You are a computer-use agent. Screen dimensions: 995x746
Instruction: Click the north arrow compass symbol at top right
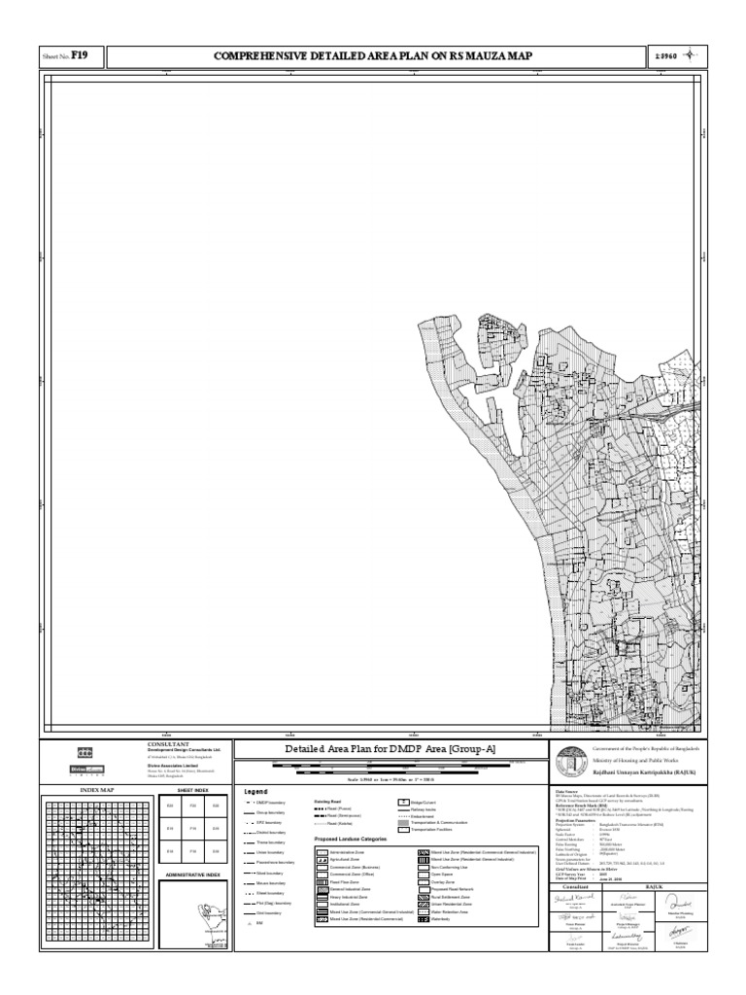coord(692,55)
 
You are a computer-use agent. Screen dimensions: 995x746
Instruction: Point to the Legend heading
coord(255,791)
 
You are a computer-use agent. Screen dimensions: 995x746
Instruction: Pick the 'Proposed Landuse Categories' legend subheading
coord(350,838)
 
